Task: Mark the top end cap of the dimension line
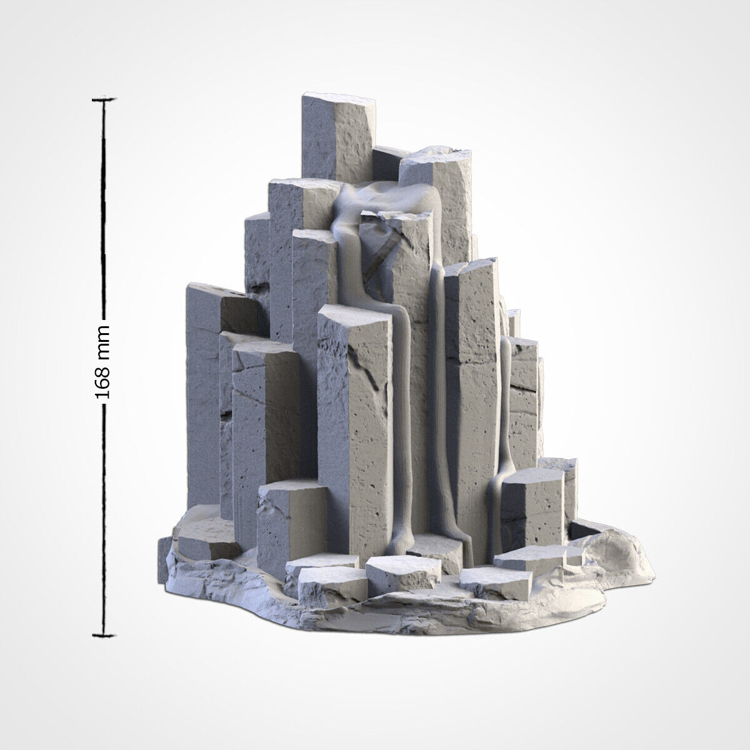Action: (104, 99)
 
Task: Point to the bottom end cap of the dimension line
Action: (104, 636)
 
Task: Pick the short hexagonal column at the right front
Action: (531, 506)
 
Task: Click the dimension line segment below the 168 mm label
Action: (104, 519)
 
